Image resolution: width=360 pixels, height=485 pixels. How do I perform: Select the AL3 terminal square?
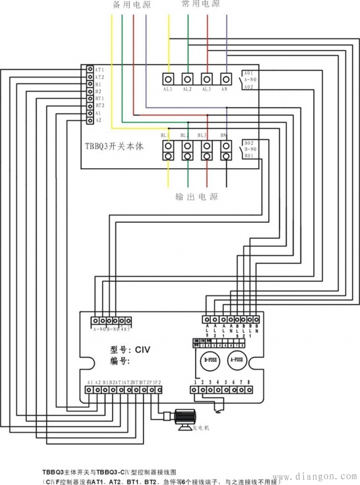point(207,79)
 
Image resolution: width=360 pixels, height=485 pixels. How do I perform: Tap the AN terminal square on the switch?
point(226,79)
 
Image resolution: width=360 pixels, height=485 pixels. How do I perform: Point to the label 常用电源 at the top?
point(201,4)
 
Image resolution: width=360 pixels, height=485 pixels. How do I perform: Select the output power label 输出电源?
point(196,197)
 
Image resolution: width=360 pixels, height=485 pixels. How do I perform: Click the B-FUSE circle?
point(210,360)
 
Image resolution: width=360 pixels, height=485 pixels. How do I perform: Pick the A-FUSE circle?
point(237,360)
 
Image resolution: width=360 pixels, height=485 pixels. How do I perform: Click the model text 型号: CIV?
point(130,349)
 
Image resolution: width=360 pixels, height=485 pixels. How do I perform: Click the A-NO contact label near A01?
point(250,80)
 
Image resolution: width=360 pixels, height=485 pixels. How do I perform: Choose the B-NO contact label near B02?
point(250,149)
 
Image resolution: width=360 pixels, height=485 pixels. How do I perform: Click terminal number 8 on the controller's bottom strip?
point(248,389)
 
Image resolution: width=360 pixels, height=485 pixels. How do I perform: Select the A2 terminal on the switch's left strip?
point(90,120)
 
